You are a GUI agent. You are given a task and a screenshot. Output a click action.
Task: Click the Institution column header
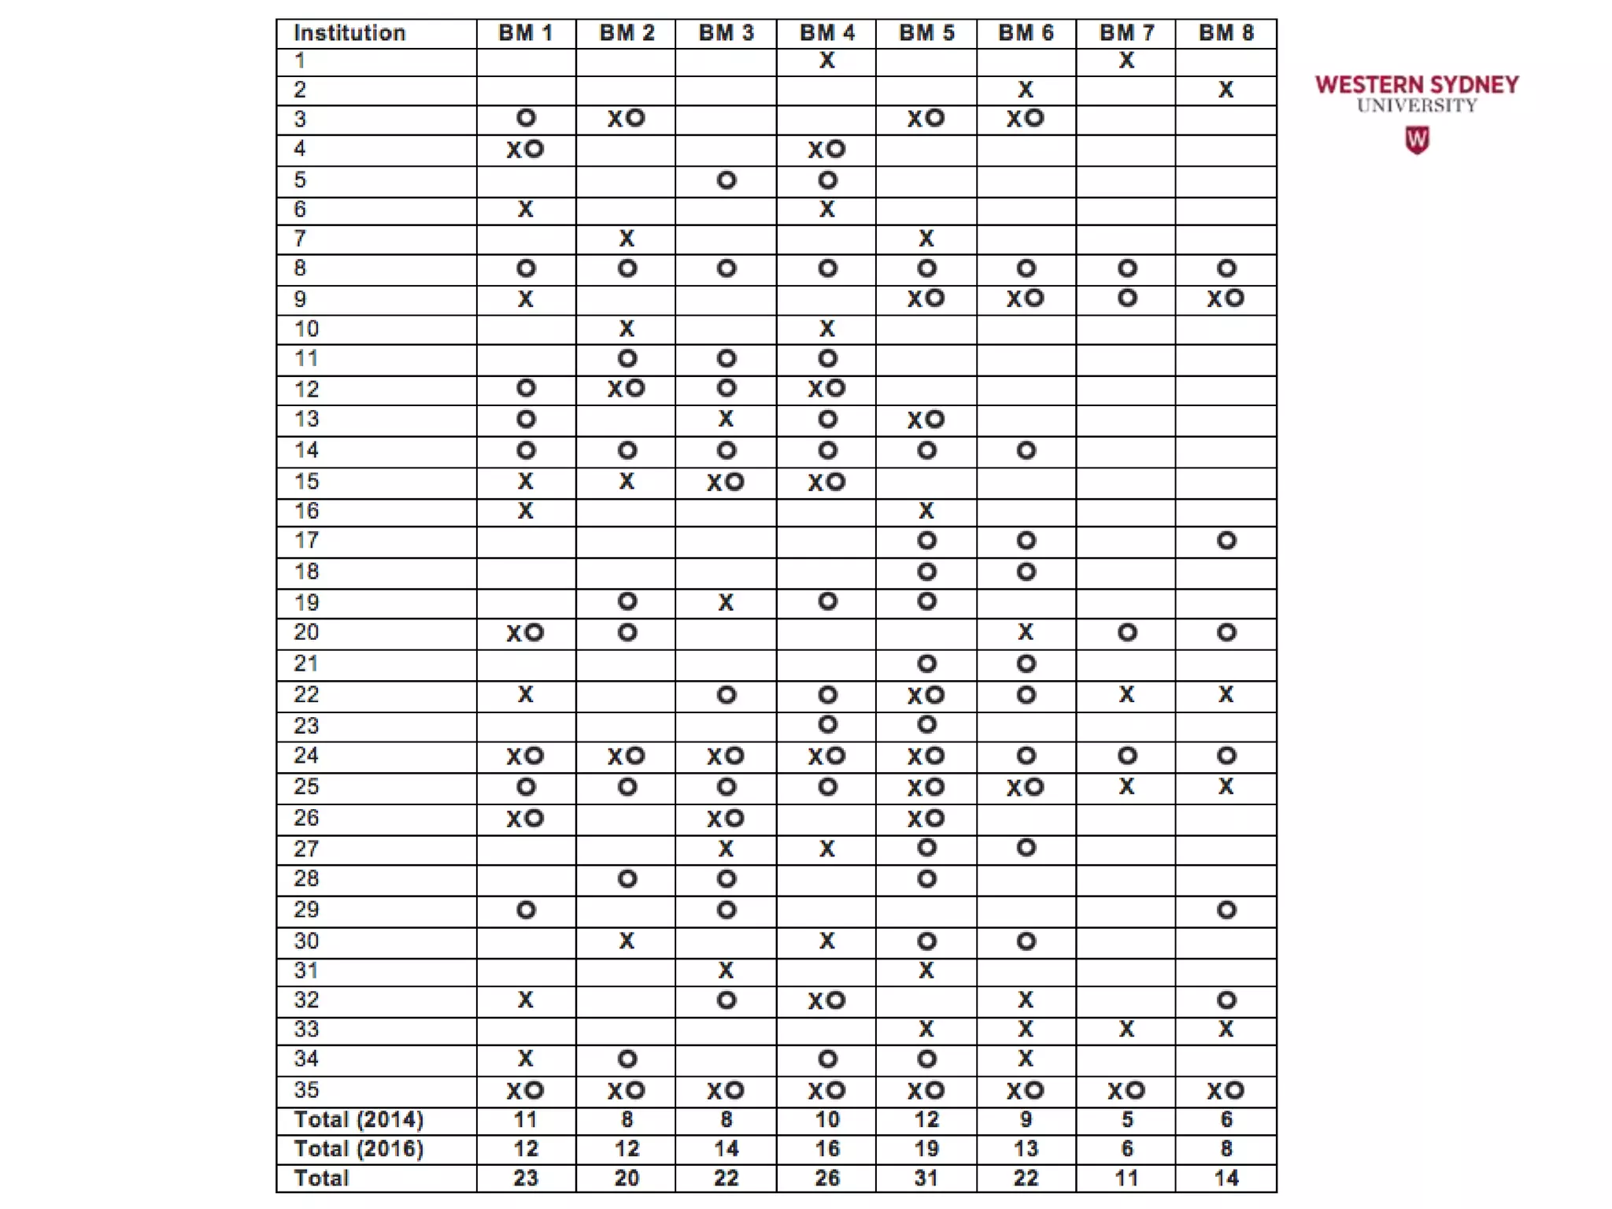tap(349, 33)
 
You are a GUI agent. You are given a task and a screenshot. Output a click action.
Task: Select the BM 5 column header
tap(926, 33)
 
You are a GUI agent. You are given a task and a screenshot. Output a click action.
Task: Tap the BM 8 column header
tap(1226, 33)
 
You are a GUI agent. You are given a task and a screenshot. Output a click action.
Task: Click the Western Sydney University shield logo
tap(1417, 141)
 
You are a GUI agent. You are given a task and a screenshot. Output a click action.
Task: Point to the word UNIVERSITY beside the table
tap(1417, 105)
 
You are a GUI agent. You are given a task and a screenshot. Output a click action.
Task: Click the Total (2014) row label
tap(359, 1119)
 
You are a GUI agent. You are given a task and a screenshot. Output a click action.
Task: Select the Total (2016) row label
tap(359, 1149)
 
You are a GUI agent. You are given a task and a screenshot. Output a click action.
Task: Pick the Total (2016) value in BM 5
tap(926, 1149)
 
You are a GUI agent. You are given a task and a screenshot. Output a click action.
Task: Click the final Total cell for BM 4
tap(826, 1178)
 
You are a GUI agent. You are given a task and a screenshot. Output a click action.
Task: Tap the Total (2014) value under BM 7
tap(1127, 1119)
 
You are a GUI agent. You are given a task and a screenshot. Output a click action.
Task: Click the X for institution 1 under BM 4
tap(826, 61)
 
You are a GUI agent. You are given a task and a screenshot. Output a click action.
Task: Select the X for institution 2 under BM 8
tap(1226, 90)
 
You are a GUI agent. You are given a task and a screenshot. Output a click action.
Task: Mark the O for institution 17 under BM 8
tap(1226, 541)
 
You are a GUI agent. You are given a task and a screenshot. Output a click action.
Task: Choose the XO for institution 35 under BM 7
tap(1126, 1090)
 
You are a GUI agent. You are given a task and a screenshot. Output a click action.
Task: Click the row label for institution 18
tap(307, 571)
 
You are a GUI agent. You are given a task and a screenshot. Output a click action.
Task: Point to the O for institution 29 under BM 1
tap(526, 910)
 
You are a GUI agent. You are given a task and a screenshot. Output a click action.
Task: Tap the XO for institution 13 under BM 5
tap(926, 420)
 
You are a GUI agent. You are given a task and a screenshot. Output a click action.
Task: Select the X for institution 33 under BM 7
tap(1127, 1029)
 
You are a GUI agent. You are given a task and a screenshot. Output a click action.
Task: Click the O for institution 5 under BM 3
tap(727, 180)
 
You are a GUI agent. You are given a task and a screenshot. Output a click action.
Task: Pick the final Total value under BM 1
tap(526, 1178)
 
